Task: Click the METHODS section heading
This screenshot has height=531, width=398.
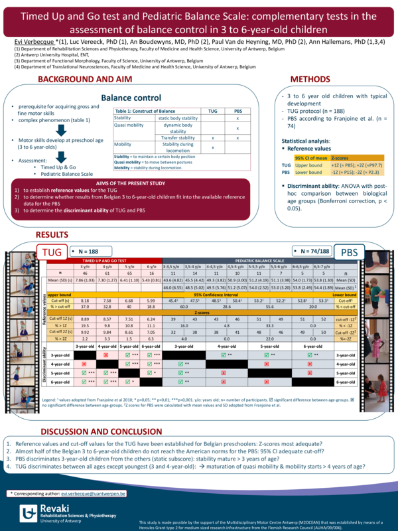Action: coord(310,80)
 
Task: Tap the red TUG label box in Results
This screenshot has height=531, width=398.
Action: coord(52,252)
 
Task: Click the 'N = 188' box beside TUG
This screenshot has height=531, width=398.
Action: coord(88,252)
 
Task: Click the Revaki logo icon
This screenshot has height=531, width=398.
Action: coord(29,512)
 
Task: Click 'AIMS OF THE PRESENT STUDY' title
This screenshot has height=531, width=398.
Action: coord(131,183)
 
